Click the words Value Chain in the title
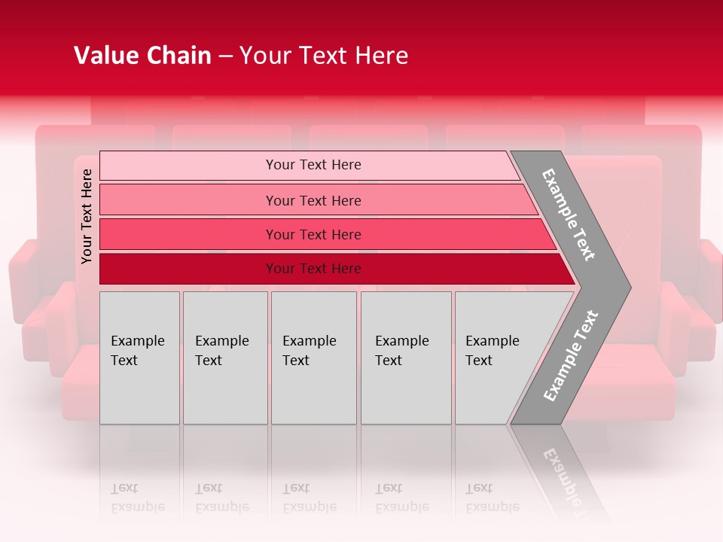click(142, 56)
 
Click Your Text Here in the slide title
click(324, 56)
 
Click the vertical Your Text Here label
click(87, 216)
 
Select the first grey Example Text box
click(139, 358)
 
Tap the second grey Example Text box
click(225, 358)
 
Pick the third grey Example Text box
click(313, 358)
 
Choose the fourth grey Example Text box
click(406, 358)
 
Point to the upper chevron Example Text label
click(569, 215)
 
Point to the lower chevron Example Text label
click(571, 355)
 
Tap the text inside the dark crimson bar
click(313, 269)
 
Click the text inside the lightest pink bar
click(313, 165)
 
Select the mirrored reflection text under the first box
click(137, 498)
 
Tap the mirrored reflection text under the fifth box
click(492, 498)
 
